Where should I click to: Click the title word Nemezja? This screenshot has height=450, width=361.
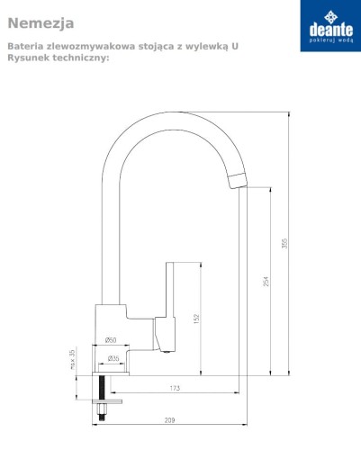41,23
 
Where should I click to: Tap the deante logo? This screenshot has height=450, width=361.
330,26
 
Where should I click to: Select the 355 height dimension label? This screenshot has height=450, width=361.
284,243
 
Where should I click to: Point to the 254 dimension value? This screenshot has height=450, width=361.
266,281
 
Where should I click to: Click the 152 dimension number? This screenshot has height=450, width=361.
196,319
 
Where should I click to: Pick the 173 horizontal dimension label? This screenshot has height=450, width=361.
175,388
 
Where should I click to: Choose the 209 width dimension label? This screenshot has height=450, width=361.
169,420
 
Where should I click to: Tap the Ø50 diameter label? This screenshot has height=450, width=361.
111,340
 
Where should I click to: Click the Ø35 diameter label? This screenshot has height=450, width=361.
113,358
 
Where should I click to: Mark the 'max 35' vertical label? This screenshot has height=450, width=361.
72,358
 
